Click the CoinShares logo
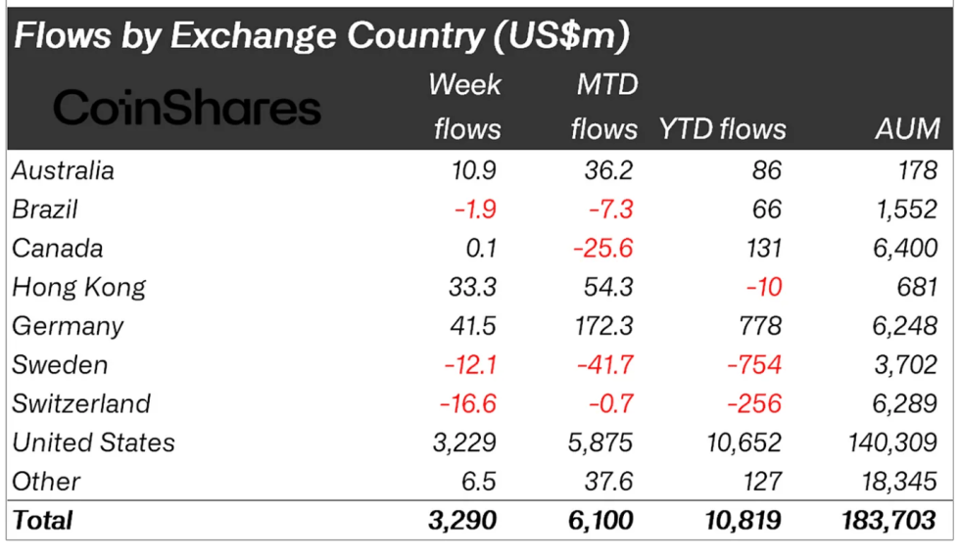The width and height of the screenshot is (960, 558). (x=186, y=108)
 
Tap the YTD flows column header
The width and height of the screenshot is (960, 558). (x=723, y=128)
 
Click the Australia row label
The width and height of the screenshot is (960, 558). (x=63, y=170)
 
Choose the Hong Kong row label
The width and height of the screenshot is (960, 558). (x=78, y=287)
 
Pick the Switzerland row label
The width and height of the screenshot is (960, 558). (x=81, y=403)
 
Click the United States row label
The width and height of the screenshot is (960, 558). (x=93, y=442)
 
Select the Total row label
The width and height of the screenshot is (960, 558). (x=42, y=520)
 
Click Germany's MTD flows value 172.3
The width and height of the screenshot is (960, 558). (x=600, y=326)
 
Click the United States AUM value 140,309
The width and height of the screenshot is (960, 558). (x=891, y=442)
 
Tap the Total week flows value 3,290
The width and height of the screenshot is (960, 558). (x=464, y=520)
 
